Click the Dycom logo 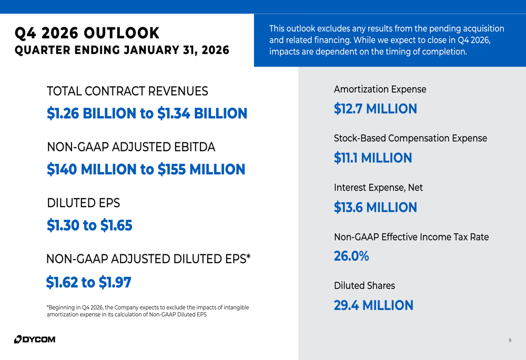[35, 339]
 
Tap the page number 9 [510, 341]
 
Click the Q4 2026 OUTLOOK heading [87, 33]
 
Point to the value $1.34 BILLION [202, 114]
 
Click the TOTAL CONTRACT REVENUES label [127, 91]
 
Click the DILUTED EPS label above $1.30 [84, 203]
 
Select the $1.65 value [116, 225]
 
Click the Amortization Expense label [380, 89]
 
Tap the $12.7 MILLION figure [375, 109]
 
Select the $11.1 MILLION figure [372, 158]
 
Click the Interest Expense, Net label [378, 188]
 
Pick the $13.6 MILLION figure [375, 208]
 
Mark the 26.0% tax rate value [351, 256]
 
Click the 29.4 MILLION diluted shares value [373, 305]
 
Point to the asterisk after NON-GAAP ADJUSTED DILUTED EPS [248, 256]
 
